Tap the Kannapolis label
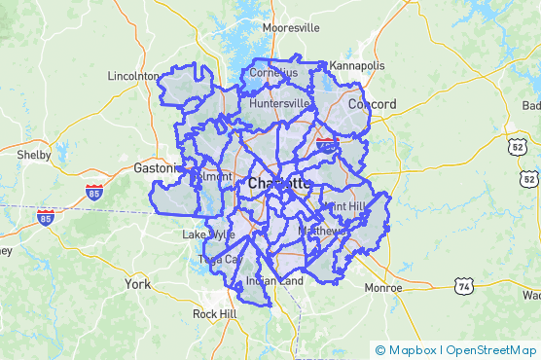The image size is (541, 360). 357,65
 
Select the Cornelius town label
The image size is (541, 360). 273,73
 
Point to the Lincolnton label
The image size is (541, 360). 133,75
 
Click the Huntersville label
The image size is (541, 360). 279,103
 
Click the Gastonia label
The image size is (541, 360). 154,168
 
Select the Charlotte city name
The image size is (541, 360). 279,183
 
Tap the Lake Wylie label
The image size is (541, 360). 208,234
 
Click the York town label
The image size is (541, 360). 137,283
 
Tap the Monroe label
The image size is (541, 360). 382,288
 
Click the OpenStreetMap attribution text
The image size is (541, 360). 492,350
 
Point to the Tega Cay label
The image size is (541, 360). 219,259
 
